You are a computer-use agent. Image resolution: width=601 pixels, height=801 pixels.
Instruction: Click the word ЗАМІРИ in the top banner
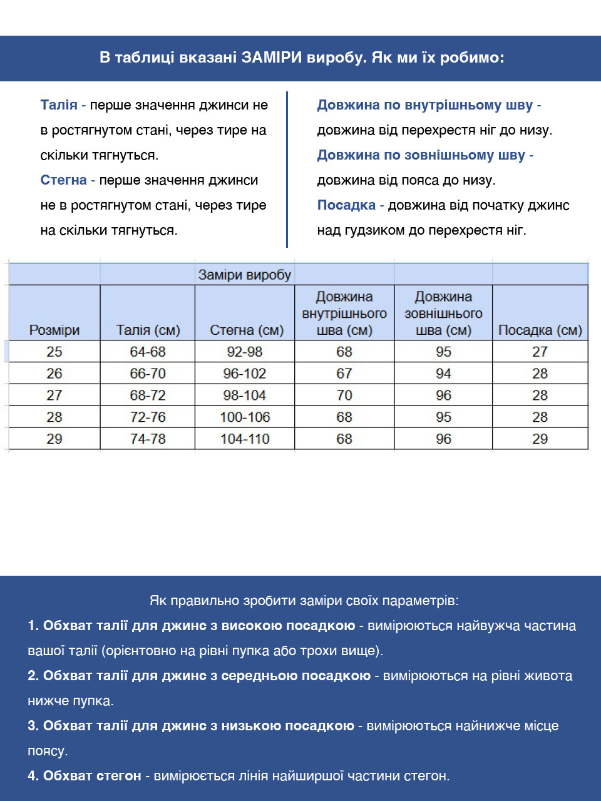coord(271,58)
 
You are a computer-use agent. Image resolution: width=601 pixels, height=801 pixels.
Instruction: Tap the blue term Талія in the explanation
coord(59,105)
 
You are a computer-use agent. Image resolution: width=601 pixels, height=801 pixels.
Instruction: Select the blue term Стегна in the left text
coord(63,180)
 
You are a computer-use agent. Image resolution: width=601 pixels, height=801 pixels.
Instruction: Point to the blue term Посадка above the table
coord(346,205)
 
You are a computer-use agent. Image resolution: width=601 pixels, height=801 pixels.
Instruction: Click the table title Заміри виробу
coord(245,275)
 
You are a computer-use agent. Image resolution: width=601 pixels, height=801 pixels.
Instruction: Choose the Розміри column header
coord(54,330)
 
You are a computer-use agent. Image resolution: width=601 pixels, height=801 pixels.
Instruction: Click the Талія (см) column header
coord(148,330)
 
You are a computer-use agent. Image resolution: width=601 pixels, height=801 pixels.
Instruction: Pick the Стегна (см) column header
coord(247,330)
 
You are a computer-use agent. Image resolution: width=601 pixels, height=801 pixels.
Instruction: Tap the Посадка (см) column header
coord(540,330)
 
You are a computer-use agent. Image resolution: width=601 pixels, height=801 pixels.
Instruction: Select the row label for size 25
coord(54,352)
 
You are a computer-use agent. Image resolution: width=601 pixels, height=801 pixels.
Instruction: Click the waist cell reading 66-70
coord(148,374)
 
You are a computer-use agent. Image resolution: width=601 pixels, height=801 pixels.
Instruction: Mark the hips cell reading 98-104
coord(245,395)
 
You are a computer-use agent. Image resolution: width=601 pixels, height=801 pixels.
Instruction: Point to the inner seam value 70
coord(344,395)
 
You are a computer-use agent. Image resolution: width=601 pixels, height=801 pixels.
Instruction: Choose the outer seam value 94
coord(443,374)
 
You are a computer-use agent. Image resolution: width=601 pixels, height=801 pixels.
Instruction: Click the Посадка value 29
coord(540,439)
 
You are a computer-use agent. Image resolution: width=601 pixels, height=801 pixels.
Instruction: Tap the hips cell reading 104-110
coord(245,439)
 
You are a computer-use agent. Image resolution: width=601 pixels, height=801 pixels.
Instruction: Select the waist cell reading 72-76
coord(148,417)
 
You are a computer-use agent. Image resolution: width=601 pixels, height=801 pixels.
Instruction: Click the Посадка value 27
coord(540,352)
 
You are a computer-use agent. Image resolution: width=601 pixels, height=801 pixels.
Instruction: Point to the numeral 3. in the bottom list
coord(33,726)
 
